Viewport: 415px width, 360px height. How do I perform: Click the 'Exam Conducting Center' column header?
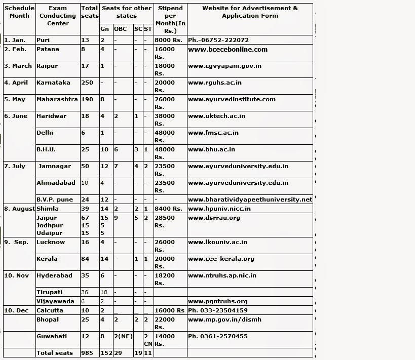(x=58, y=16)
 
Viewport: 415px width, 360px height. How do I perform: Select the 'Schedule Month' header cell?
(x=19, y=12)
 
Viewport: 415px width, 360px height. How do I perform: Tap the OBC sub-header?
(x=121, y=29)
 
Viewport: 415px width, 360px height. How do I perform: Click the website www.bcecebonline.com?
(x=228, y=50)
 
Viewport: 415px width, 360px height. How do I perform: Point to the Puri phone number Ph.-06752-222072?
(x=218, y=40)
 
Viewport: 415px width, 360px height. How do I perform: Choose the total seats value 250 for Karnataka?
(x=87, y=83)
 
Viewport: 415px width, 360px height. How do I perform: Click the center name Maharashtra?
(x=57, y=99)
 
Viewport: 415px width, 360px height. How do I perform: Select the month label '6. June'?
(x=16, y=116)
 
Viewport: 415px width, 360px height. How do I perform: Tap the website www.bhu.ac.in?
(x=211, y=149)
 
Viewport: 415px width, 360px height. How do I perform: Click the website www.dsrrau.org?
(x=214, y=218)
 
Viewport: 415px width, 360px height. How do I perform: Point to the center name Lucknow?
(x=51, y=242)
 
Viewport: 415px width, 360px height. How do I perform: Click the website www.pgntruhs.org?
(x=218, y=301)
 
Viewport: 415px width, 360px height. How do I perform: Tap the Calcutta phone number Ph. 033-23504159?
(x=218, y=310)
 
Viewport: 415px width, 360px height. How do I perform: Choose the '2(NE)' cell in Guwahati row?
(x=122, y=336)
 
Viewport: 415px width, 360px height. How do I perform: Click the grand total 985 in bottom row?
(x=87, y=353)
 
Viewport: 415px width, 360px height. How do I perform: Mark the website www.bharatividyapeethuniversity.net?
(x=250, y=199)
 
